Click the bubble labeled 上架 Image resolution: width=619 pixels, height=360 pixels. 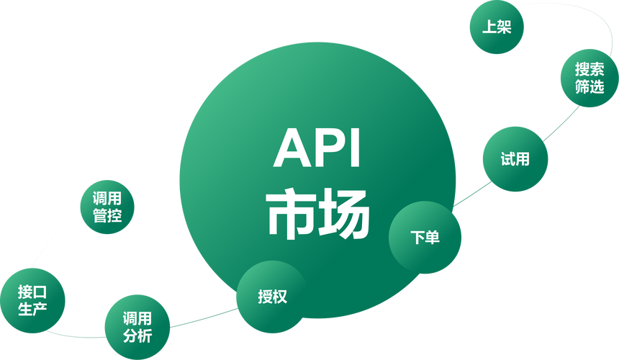[497, 27]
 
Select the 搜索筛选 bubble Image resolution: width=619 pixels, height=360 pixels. [589, 78]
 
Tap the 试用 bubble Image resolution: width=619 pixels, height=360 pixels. [515, 159]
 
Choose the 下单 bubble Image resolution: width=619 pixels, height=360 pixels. [425, 237]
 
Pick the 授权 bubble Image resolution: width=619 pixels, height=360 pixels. [272, 297]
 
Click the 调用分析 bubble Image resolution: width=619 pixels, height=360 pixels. [137, 327]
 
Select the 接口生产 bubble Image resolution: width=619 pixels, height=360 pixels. [32, 300]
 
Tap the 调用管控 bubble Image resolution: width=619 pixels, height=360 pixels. [107, 207]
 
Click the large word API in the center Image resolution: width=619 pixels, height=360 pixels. [317, 148]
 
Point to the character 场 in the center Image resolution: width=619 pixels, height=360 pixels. [343, 215]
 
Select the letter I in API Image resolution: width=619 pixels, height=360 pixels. [355, 148]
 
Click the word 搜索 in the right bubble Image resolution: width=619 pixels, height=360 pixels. [589, 69]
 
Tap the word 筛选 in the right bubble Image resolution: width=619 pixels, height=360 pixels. [589, 86]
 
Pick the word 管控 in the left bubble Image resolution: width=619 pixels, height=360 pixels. [107, 215]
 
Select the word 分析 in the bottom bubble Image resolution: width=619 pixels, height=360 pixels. [137, 336]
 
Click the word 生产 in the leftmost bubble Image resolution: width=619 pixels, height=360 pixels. [32, 309]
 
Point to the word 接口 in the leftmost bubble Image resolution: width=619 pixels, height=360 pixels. [32, 292]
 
